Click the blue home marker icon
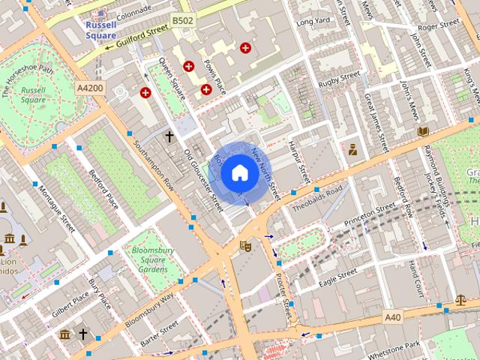coord(238,173)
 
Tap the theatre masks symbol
coord(244,245)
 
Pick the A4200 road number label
coord(90,88)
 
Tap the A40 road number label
coord(393,318)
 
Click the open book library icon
coord(423,131)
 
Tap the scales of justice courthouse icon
coord(460,299)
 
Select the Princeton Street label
coord(369,215)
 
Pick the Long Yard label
coord(313,22)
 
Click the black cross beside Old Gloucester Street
coord(169,136)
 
